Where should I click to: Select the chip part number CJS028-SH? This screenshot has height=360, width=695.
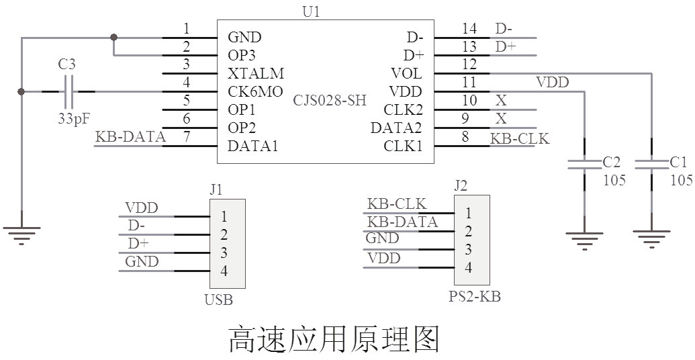330,101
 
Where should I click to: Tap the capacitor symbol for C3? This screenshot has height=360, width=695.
68,91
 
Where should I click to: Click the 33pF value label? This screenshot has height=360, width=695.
73,119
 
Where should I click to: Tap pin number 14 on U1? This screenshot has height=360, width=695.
469,28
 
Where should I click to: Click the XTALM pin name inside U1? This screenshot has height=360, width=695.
256,73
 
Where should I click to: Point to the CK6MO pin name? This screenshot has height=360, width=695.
256,91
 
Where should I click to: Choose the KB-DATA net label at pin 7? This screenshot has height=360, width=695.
130,137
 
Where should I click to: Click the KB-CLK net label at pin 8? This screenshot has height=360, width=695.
520,138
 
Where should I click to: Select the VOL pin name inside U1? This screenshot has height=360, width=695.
407,73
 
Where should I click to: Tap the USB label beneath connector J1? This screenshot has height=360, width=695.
218,300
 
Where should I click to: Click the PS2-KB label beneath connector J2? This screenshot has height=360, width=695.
474,297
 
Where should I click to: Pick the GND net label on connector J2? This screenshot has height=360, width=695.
382,238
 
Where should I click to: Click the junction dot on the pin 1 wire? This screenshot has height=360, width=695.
113,37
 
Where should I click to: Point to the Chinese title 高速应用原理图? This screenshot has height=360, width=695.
334,339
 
